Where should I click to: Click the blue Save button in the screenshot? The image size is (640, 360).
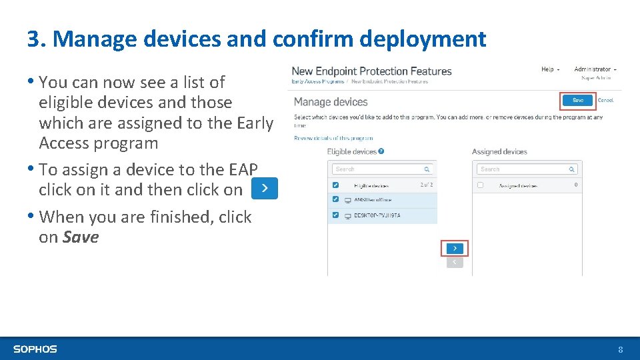point(577,100)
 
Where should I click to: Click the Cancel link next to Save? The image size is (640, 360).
point(605,100)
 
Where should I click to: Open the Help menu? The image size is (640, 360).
point(549,69)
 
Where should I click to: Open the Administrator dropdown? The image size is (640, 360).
point(595,69)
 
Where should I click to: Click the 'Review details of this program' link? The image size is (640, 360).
point(333,138)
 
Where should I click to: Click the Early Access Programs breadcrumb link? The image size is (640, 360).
point(318,81)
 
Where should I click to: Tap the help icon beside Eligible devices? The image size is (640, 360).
point(381,151)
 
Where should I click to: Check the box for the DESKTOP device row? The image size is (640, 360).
point(335,215)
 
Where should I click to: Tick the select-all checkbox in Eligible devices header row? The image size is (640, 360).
point(335,185)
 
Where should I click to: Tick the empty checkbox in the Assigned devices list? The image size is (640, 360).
point(480,185)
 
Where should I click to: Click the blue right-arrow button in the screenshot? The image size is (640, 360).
point(455,248)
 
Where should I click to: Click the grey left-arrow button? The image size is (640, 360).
point(455,262)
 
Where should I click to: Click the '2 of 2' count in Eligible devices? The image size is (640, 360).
point(426,185)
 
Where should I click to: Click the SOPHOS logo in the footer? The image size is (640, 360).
point(35,349)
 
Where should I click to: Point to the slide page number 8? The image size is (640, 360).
point(620,349)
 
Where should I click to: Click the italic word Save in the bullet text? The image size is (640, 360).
point(80,237)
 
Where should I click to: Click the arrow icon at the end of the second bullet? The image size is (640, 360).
point(265,189)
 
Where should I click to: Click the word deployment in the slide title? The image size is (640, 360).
point(423,39)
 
